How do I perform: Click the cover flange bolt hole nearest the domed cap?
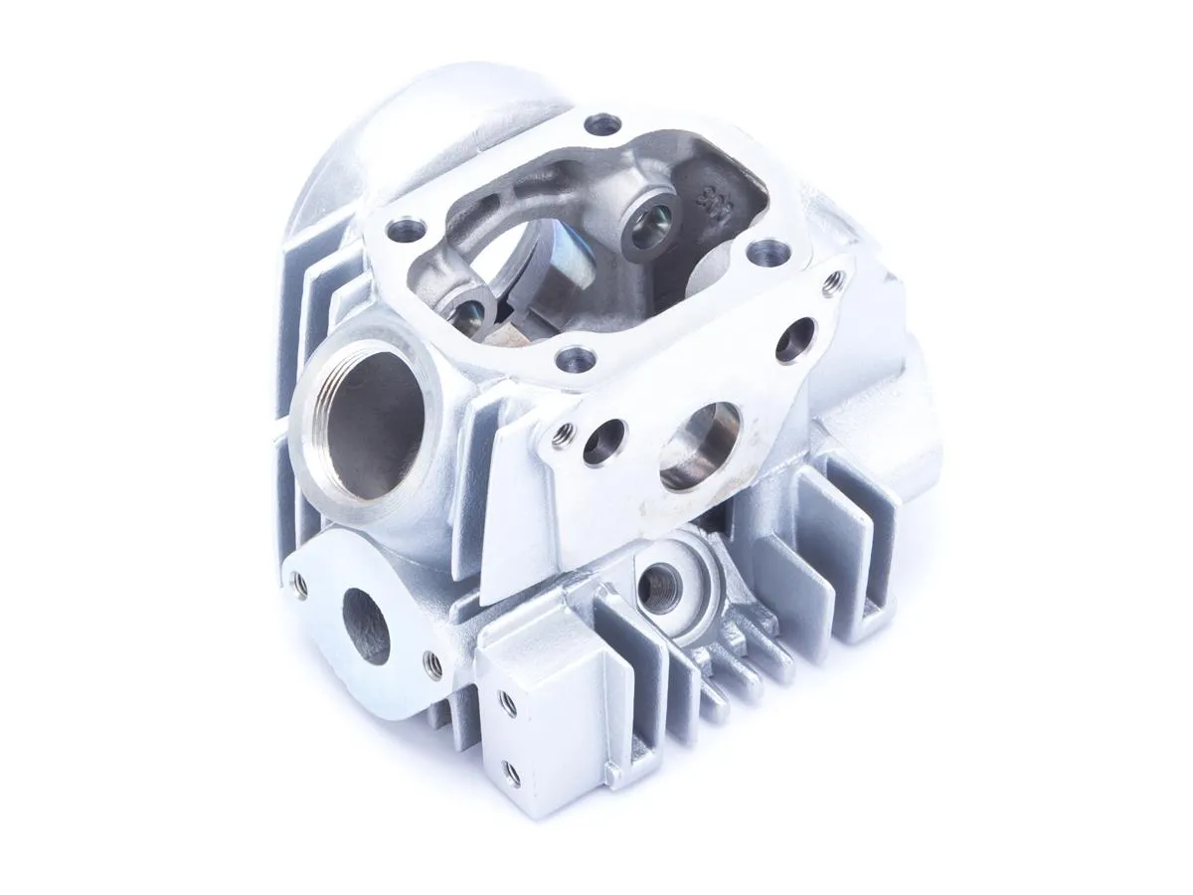tap(603, 124)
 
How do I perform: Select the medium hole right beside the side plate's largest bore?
tap(604, 442)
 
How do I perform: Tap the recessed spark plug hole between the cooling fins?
tap(658, 584)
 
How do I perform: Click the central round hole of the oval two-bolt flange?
tap(365, 625)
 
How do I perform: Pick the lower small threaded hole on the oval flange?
tap(432, 664)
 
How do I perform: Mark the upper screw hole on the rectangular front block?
tap(508, 702)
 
